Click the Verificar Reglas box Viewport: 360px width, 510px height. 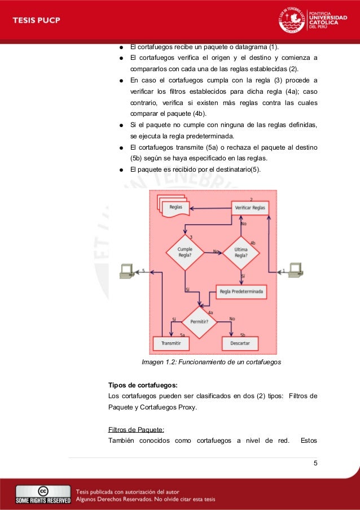(x=250, y=208)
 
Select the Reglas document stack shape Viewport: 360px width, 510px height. (x=174, y=207)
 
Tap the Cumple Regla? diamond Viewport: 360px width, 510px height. (x=185, y=252)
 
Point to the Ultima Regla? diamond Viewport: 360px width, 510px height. (x=242, y=252)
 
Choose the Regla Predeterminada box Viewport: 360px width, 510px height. (x=242, y=292)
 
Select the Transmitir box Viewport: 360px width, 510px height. (x=171, y=343)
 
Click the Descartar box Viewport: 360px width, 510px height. (x=240, y=343)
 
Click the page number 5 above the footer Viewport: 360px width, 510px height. (x=315, y=464)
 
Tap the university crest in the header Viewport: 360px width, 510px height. (x=292, y=21)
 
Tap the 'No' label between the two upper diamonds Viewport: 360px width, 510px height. (x=216, y=251)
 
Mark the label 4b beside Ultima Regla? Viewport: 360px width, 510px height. (x=252, y=243)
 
